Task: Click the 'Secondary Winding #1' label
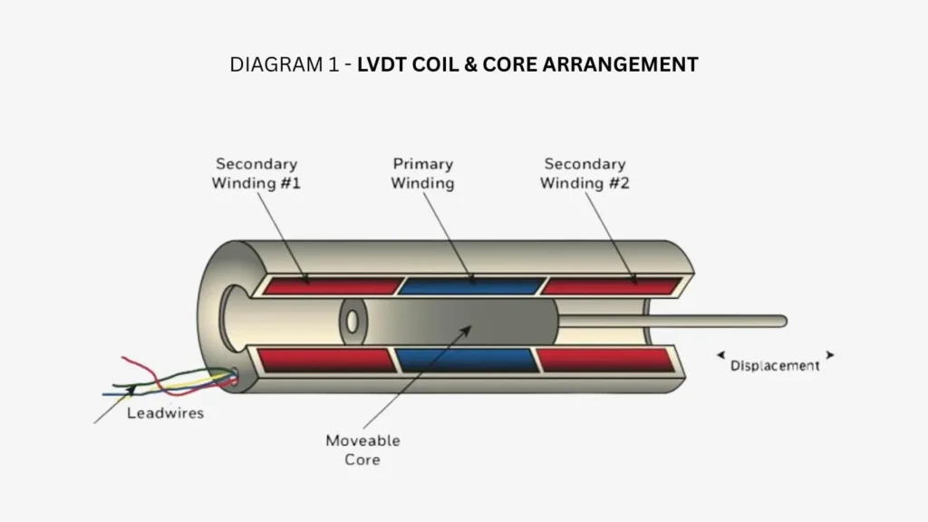256,173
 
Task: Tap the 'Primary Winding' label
422,173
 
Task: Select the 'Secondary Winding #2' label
584,173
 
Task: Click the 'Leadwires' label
165,413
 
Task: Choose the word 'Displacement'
775,366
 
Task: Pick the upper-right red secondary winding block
613,285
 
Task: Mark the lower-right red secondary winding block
605,361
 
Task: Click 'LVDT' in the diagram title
382,64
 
